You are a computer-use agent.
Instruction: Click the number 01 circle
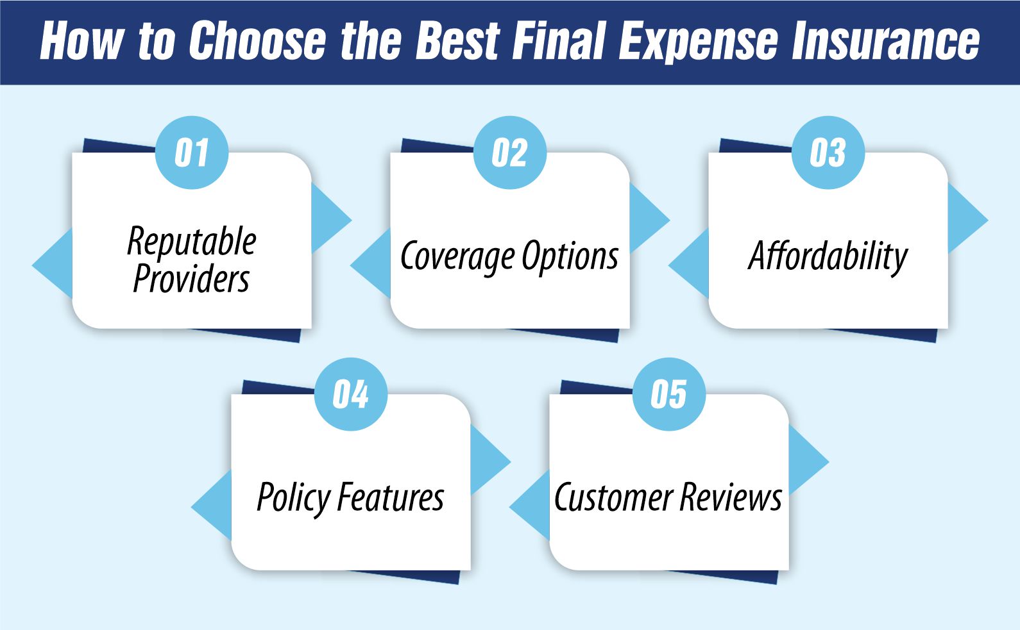[192, 153]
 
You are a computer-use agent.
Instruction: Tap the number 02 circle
[510, 153]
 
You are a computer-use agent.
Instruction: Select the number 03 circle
[828, 153]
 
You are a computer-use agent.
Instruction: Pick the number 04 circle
[351, 394]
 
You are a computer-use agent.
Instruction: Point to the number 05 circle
[669, 394]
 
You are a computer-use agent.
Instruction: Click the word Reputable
[192, 242]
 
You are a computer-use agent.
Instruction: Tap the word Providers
[191, 278]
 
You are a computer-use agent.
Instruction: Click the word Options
[570, 257]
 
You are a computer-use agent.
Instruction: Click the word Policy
[294, 498]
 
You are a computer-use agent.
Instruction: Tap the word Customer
[613, 497]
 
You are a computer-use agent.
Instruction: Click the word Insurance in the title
[886, 41]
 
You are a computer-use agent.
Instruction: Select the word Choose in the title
[257, 41]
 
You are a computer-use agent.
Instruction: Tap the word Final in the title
[559, 41]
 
